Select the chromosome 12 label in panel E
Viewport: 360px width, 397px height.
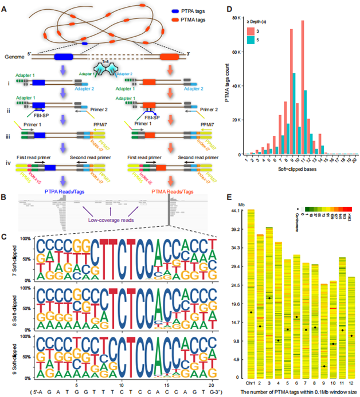point(351,384)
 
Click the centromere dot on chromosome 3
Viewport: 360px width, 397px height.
point(269,298)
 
